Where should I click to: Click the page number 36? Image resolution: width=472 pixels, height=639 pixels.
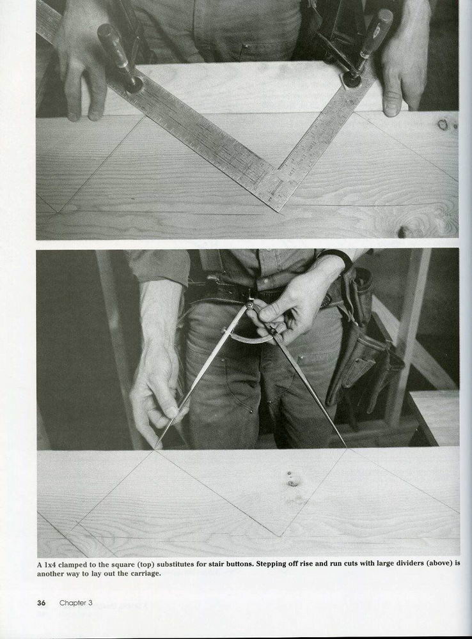[x=41, y=603]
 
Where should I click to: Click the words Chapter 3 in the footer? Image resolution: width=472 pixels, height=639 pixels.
[x=76, y=603]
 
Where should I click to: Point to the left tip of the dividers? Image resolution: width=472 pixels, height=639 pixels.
[x=155, y=449]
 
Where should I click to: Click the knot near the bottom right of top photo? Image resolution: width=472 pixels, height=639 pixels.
[x=403, y=231]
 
